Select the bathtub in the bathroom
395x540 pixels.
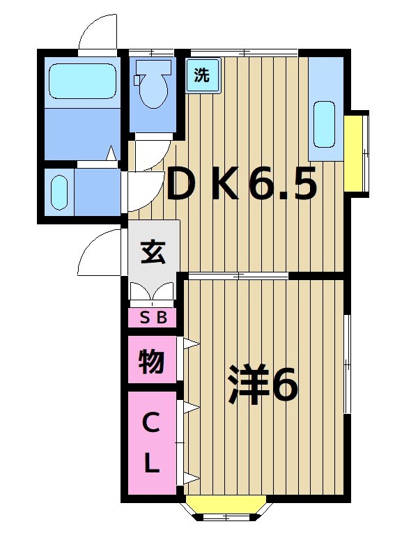82,81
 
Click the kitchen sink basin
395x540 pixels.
323,125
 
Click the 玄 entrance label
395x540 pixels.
153,252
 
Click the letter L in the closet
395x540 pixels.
152,464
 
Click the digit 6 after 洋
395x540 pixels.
285,385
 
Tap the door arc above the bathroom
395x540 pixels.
97,31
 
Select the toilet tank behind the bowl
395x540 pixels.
151,68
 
